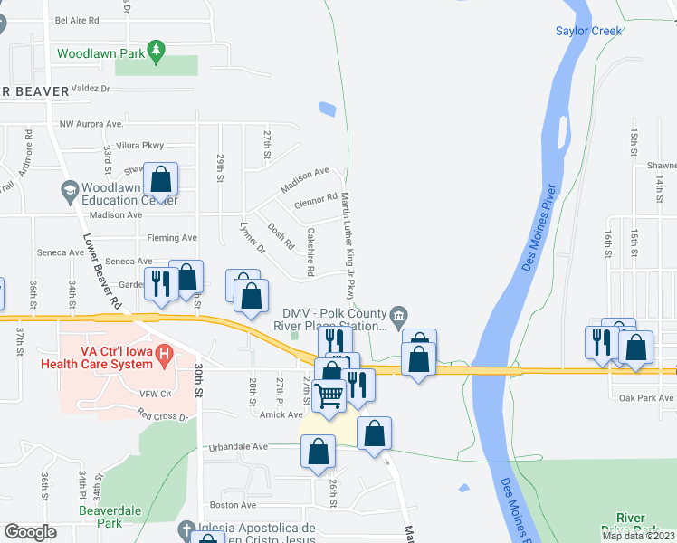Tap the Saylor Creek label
coord(588,31)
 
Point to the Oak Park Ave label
coord(646,397)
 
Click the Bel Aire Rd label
coord(77,19)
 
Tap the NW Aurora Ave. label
coord(91,123)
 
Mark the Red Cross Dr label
coord(163,417)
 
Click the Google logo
coord(30,532)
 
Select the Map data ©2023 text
coord(638,535)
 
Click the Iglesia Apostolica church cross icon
coord(186,529)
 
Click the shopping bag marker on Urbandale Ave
coord(318,452)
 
